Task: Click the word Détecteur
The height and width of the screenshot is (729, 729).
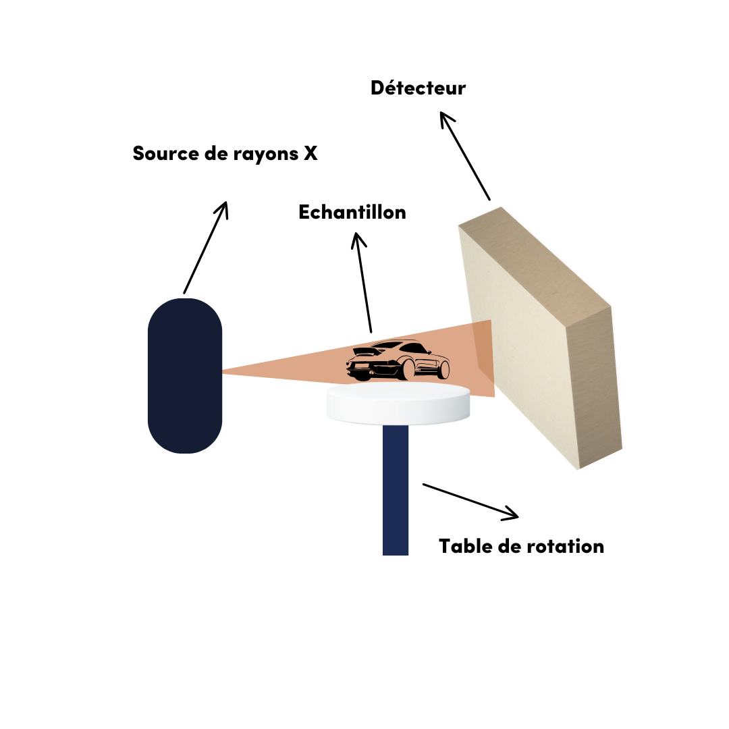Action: pos(418,88)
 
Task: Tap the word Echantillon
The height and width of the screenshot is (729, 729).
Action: pos(352,212)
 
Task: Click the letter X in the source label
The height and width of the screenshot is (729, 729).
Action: pos(310,153)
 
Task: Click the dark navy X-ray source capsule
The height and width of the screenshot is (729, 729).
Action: pos(185,375)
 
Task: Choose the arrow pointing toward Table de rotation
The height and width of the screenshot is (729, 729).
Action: pos(470,501)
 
